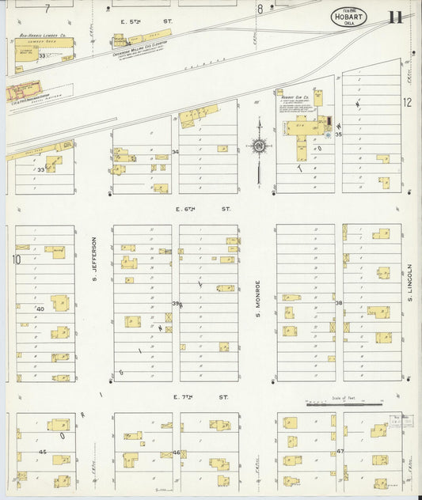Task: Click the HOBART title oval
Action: coord(348,17)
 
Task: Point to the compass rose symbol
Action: coord(259,146)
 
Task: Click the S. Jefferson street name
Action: coord(93,259)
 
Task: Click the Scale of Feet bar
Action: coord(333,405)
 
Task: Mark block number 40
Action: coord(39,308)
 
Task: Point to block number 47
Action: coord(340,451)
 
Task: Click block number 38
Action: coord(339,303)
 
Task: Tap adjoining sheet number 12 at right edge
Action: coord(407,102)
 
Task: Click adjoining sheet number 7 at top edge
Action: coord(48,9)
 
